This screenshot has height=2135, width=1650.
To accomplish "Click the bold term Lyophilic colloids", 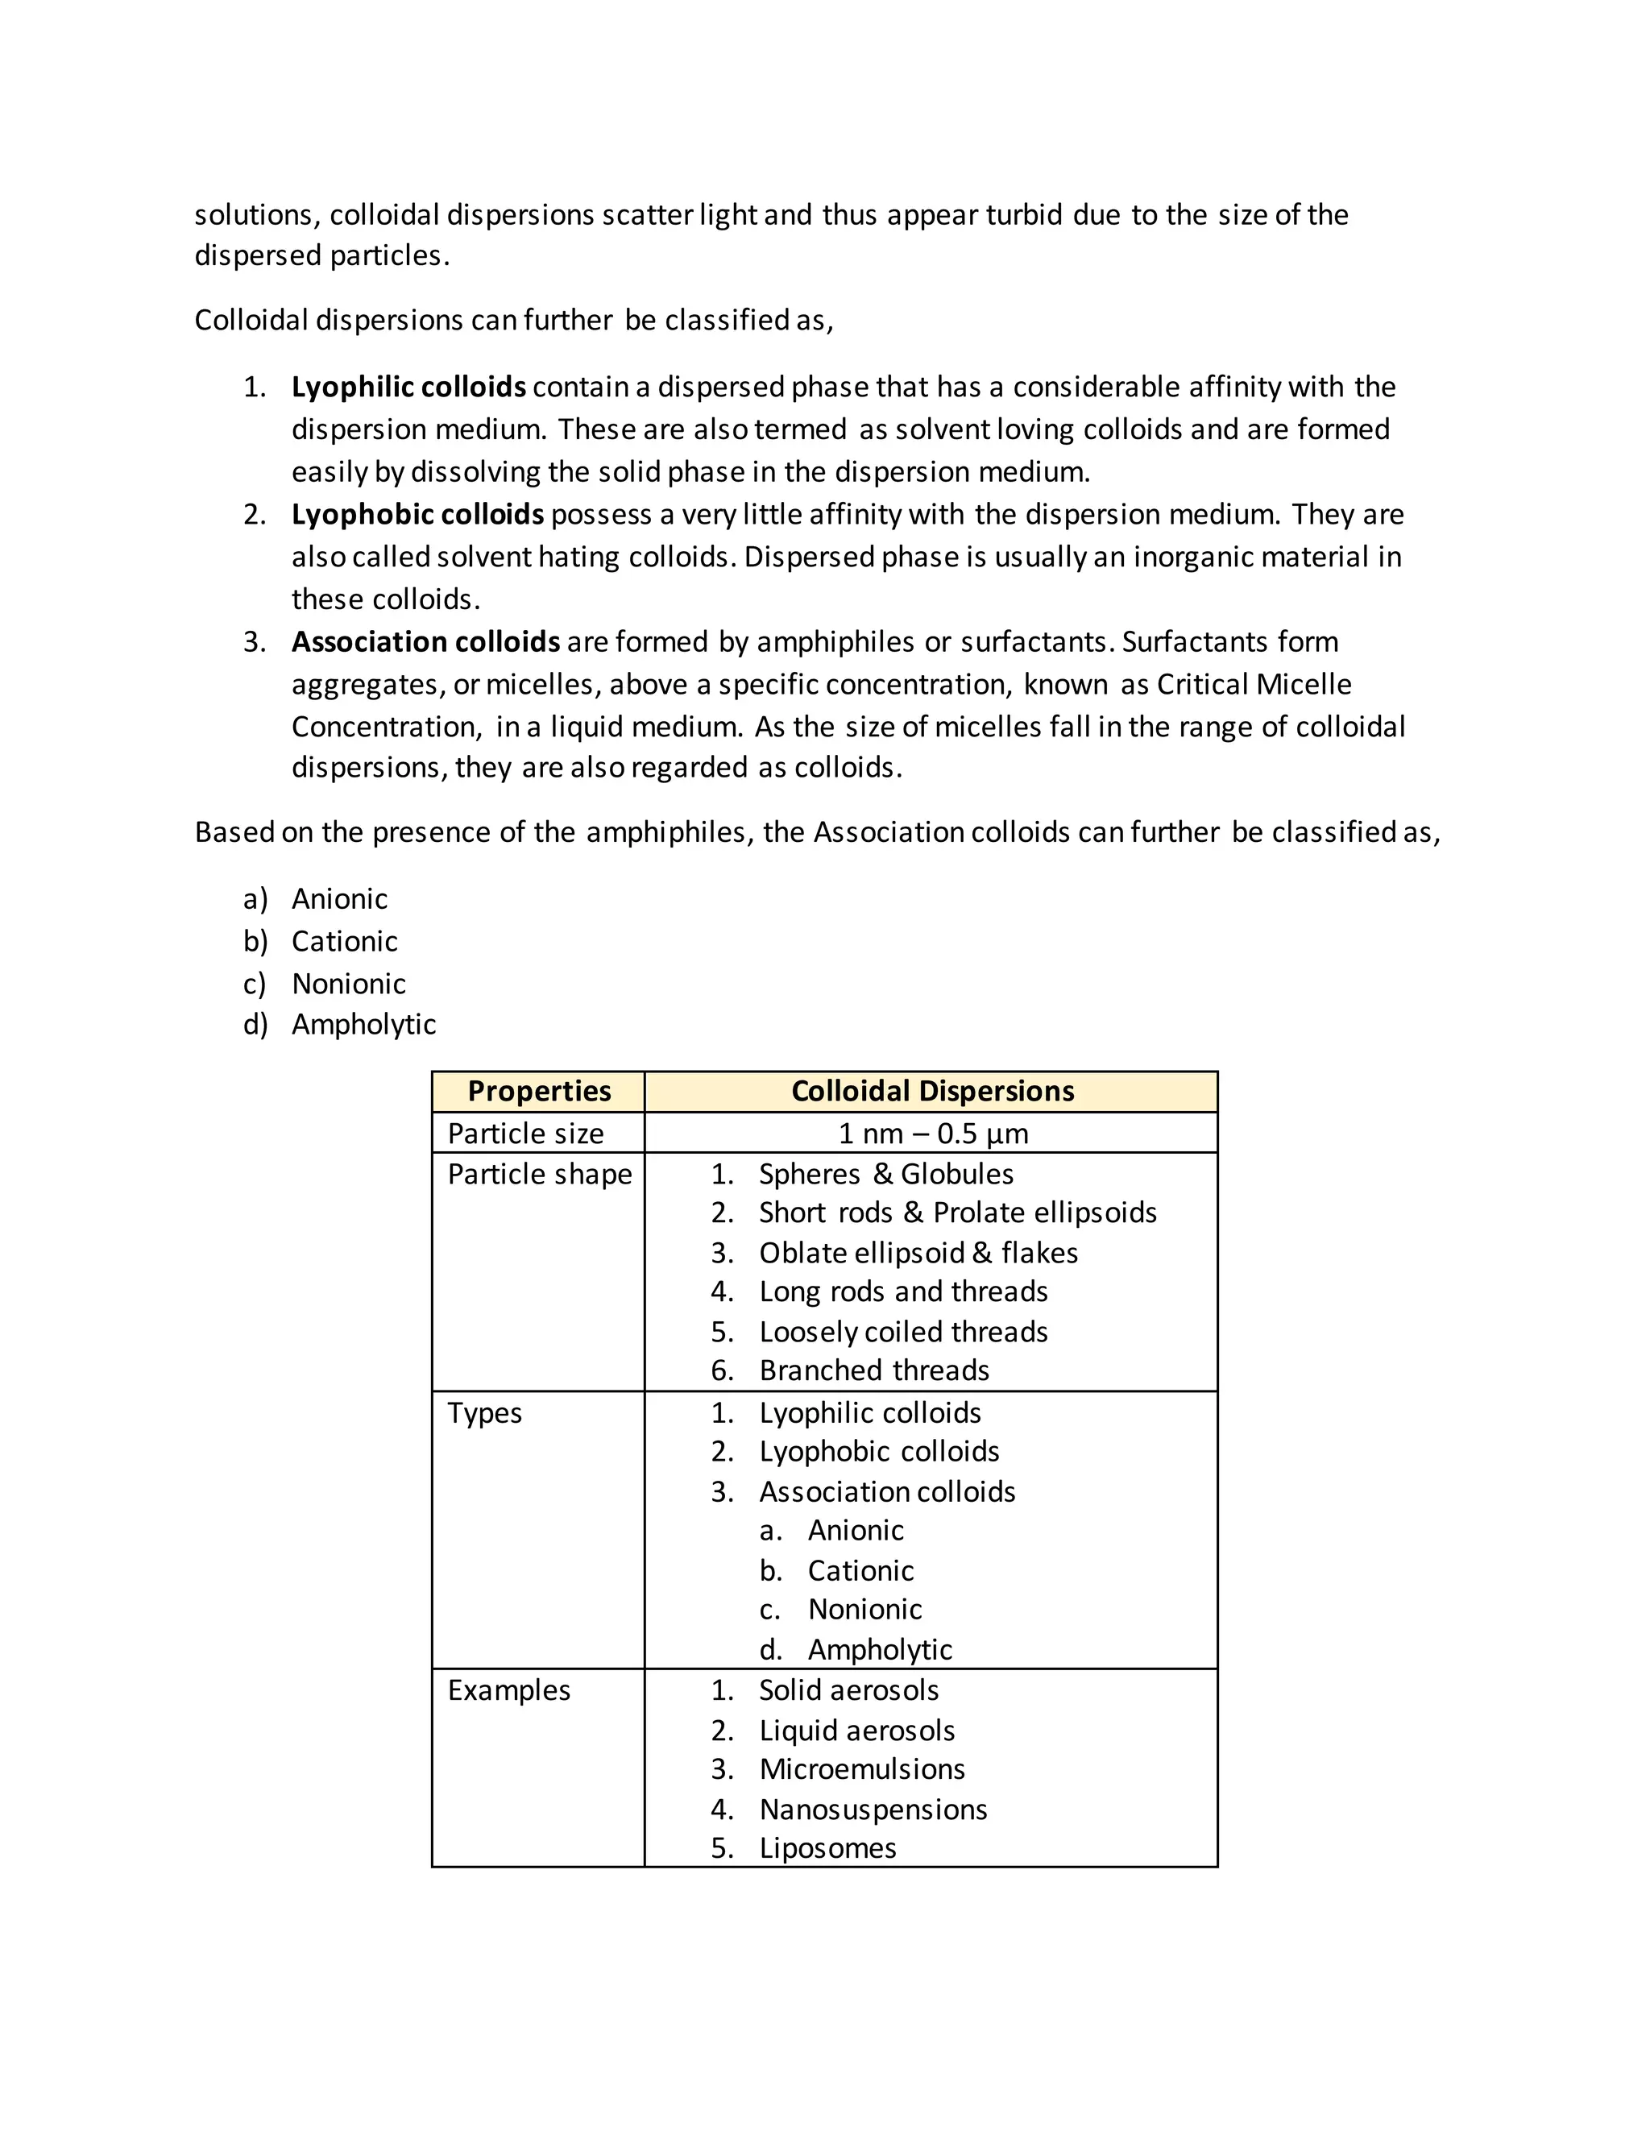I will [408, 387].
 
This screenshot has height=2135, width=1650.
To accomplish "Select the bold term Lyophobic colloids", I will [417, 514].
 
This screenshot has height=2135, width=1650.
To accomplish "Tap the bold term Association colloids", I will [425, 641].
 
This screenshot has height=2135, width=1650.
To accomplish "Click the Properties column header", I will [539, 1091].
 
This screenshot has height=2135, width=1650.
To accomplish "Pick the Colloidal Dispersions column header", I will [931, 1091].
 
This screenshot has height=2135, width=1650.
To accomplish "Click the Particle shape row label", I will [540, 1174].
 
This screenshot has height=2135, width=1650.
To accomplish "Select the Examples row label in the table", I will [508, 1690].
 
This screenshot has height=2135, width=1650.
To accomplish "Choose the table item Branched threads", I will [874, 1370].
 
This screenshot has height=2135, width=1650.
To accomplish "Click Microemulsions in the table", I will [861, 1769].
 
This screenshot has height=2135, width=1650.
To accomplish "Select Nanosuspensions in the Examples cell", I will [873, 1810].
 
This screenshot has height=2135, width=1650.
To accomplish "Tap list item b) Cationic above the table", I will [344, 941].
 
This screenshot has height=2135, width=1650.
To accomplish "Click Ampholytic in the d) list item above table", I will [363, 1025].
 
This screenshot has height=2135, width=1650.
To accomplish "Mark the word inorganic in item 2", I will [1192, 558].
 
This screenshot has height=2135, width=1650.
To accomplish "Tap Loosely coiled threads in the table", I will [903, 1332].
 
